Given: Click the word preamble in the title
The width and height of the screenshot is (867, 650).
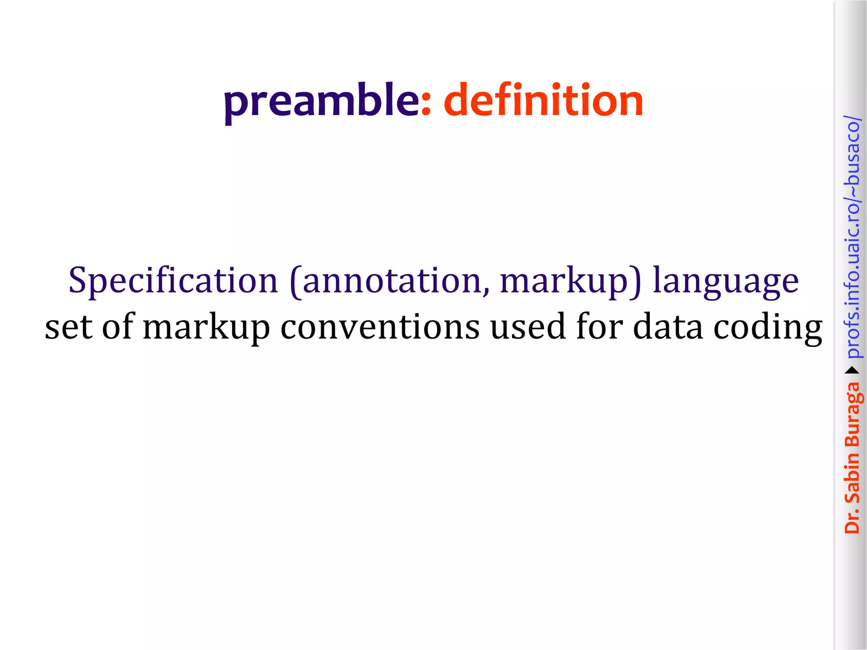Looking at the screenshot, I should tap(321, 102).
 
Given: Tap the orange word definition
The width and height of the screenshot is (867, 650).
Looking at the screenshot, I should tap(544, 100).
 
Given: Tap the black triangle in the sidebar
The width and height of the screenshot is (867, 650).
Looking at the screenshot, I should tap(852, 371).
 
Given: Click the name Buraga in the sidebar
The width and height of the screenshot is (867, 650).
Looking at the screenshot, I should tap(852, 414).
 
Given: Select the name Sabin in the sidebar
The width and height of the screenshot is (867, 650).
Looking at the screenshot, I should tap(852, 478).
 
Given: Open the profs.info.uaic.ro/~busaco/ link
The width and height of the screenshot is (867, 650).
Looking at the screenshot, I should tap(852, 237).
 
